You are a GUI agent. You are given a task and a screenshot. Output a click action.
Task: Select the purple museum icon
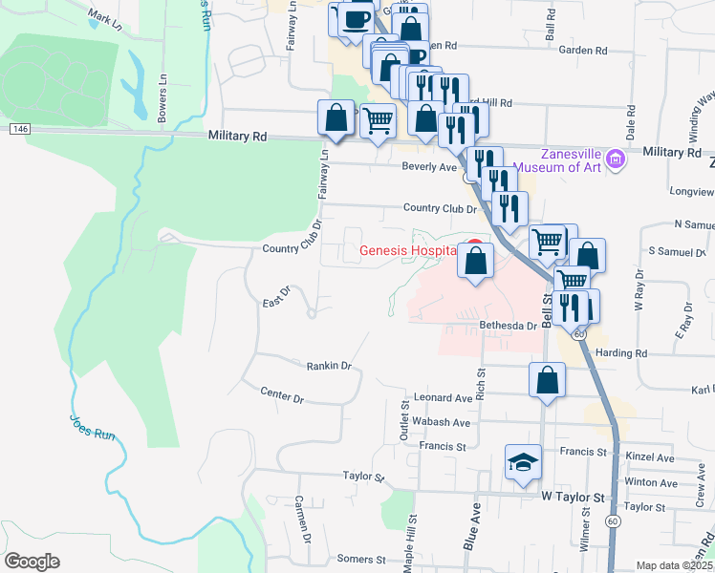tap(616, 159)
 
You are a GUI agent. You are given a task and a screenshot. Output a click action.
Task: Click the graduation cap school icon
tap(523, 463)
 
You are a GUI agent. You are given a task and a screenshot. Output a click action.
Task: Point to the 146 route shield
tap(20, 128)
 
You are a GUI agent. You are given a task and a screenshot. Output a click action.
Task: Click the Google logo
tap(32, 562)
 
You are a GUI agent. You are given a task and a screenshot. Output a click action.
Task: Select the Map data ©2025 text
tap(674, 565)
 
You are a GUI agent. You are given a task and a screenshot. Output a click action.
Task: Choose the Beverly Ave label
tap(429, 167)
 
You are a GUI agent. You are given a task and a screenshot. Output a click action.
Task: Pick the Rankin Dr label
tap(329, 366)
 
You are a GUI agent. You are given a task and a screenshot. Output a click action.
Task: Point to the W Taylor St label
tap(574, 498)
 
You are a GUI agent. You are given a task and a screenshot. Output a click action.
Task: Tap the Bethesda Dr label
tap(509, 326)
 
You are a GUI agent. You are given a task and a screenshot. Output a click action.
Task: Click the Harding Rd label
tap(621, 353)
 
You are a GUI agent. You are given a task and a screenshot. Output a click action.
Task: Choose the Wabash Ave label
tap(442, 422)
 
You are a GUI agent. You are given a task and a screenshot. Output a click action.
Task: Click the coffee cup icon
tap(357, 19)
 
